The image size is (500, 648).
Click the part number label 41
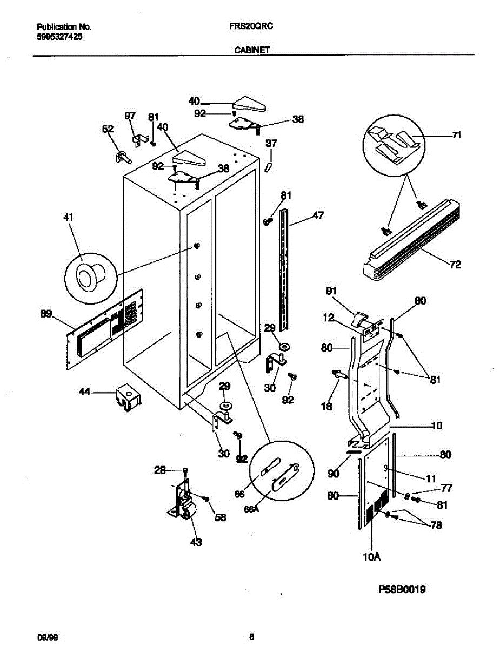tap(69, 217)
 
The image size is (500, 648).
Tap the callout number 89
tap(46, 314)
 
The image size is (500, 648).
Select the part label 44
tap(85, 393)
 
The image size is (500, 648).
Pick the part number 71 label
tap(457, 135)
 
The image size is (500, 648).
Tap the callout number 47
tap(318, 215)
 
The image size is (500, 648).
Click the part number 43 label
tap(195, 542)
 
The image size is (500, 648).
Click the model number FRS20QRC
tap(249, 26)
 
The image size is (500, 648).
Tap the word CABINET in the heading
tap(252, 49)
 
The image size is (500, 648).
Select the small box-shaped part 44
tap(128, 398)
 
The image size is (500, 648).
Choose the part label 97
tap(130, 116)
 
